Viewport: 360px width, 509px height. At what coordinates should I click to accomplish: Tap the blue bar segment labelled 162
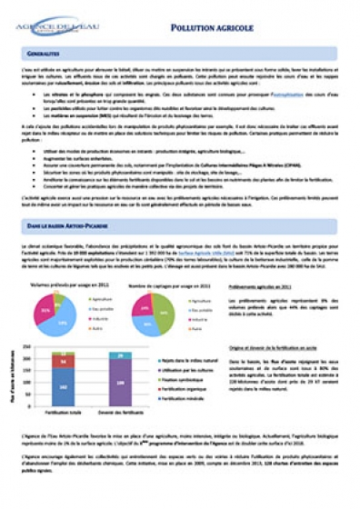click(63, 385)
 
